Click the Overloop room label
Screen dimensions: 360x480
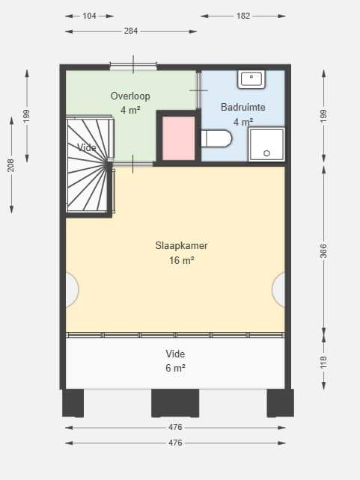tap(130, 96)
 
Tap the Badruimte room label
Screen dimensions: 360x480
tap(243, 107)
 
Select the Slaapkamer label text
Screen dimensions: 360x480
tap(181, 245)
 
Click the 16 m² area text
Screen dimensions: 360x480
tap(181, 260)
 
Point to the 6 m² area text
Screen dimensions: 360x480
tap(175, 368)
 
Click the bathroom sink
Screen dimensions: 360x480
tap(251, 79)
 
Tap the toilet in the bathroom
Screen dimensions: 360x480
tap(216, 138)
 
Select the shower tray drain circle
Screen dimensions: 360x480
tap(266, 153)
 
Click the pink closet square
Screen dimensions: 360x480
tap(178, 138)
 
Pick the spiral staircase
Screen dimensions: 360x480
tap(90, 164)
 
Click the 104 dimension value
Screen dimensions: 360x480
tap(89, 16)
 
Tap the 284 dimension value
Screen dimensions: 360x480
tap(131, 31)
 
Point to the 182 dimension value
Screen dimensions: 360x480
tap(243, 16)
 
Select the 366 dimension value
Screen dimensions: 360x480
tap(323, 251)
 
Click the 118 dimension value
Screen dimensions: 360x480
tap(323, 362)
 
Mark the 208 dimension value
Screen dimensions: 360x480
tap(11, 165)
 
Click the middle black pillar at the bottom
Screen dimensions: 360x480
tap(175, 403)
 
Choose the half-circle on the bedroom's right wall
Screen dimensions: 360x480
tap(278, 289)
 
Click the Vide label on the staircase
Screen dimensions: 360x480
tap(87, 148)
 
